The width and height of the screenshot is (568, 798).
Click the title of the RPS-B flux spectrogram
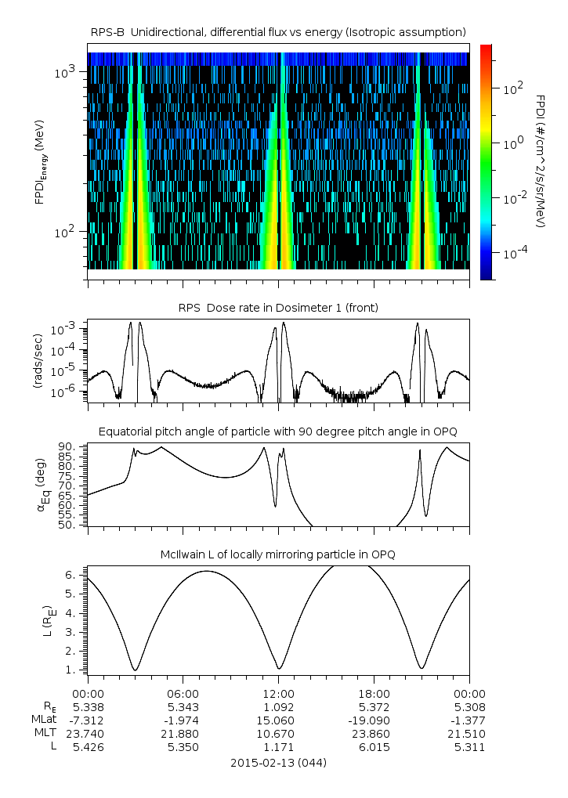point(278,31)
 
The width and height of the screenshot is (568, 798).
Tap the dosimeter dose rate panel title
point(278,308)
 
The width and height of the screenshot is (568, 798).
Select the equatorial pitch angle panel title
point(278,431)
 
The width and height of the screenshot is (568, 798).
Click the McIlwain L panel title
point(278,554)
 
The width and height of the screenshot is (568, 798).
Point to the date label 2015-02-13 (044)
point(278,762)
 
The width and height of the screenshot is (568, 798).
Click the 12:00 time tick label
point(278,693)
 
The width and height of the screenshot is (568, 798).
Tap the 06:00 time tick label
point(183,693)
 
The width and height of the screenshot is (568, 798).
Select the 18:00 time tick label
point(374,693)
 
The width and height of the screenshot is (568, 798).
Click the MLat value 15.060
point(278,720)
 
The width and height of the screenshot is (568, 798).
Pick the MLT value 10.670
point(278,734)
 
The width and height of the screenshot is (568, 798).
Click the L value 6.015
point(374,747)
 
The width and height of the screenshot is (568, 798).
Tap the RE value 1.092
point(278,706)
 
